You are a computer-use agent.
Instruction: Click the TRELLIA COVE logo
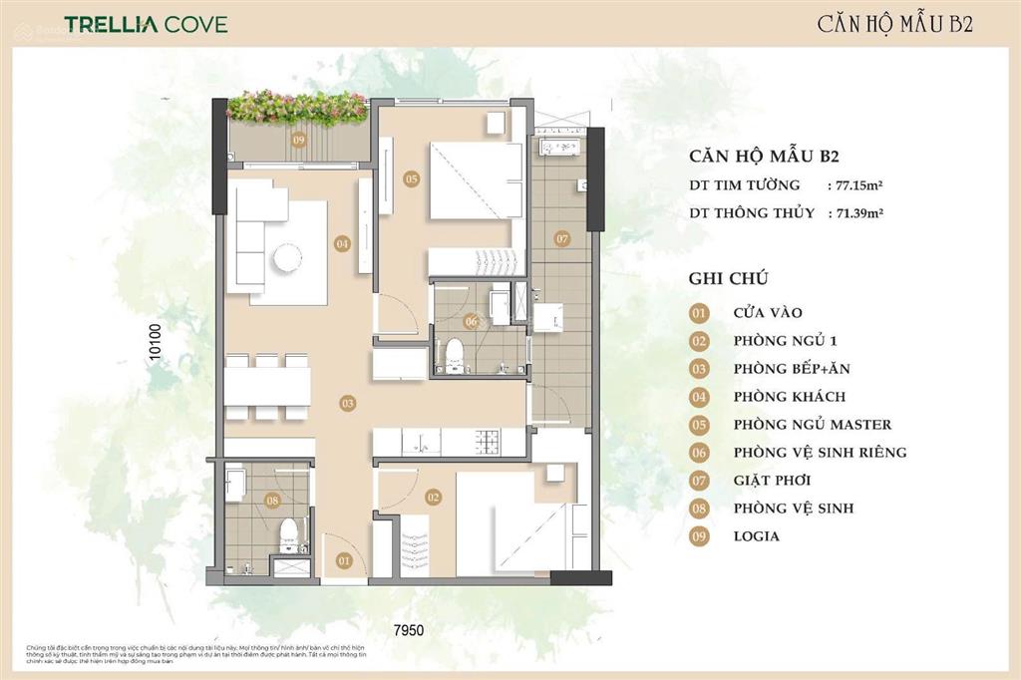coord(146,23)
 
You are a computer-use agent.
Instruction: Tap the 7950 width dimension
coord(407,630)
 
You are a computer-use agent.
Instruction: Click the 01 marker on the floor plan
coord(344,561)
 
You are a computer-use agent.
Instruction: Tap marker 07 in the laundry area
coord(561,238)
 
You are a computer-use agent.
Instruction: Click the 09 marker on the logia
coord(298,141)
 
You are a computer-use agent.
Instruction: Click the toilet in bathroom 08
coord(288,533)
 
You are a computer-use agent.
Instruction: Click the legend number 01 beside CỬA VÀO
coord(700,312)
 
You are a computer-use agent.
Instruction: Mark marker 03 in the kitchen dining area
coord(347,404)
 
